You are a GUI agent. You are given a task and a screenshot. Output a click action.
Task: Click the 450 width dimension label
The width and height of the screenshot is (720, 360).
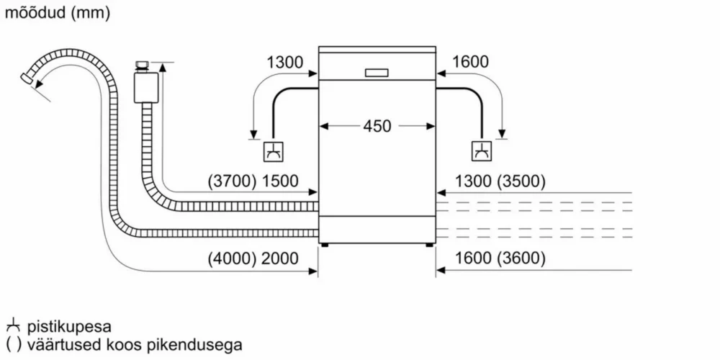point(377,126)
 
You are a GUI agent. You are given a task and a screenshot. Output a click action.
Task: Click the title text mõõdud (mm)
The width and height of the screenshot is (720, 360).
point(58,12)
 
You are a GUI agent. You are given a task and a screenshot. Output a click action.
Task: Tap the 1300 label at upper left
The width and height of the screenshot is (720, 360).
point(284,62)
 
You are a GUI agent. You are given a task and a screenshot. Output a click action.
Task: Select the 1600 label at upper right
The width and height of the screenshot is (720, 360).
point(470,62)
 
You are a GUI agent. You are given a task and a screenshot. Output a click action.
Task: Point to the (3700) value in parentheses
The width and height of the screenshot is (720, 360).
point(232,182)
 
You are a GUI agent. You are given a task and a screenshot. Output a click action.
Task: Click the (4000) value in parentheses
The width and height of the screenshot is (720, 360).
point(232,259)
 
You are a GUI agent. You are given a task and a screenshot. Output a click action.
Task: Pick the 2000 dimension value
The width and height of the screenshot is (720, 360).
point(279,259)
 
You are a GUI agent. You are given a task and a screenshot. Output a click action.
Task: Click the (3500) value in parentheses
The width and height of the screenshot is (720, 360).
point(521,182)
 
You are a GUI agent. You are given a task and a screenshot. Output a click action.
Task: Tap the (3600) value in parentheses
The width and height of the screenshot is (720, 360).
point(521,259)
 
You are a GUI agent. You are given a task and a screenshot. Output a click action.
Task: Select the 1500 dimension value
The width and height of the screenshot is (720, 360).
point(279,182)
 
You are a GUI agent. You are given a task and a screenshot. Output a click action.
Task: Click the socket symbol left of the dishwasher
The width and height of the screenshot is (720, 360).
point(273,151)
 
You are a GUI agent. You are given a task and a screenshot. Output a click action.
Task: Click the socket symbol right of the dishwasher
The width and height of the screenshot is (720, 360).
point(482,151)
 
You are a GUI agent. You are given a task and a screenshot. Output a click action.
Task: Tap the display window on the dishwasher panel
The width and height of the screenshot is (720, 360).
point(377,73)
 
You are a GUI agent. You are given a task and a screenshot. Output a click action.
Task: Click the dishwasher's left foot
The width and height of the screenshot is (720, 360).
point(325,246)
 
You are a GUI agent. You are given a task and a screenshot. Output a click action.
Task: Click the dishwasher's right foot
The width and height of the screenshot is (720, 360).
point(429,246)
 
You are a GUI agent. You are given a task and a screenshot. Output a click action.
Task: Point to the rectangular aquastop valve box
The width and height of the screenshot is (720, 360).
point(145,87)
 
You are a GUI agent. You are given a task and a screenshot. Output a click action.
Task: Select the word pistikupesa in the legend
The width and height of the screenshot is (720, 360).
point(69,328)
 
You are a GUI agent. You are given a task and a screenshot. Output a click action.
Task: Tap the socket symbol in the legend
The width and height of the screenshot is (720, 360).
point(13,327)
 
